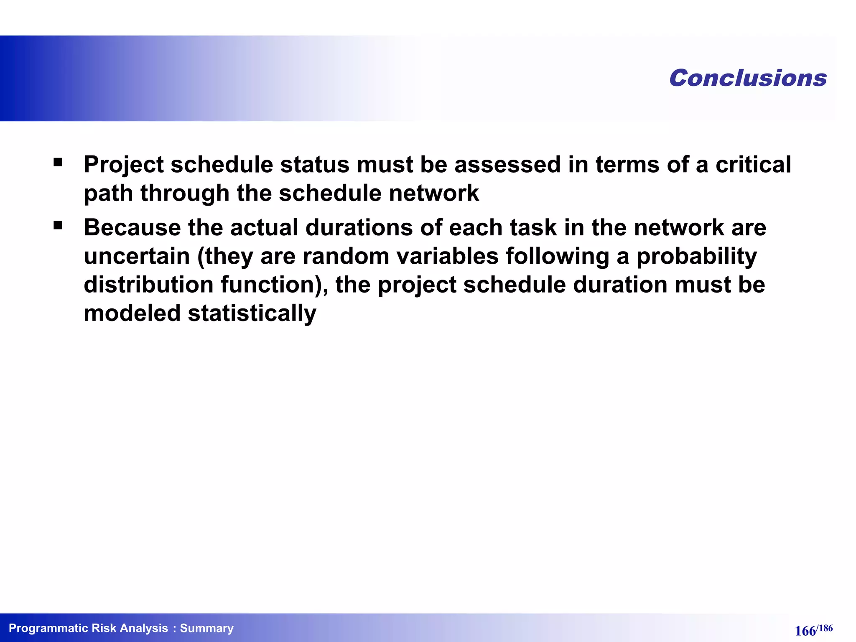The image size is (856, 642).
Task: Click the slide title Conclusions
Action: (x=748, y=78)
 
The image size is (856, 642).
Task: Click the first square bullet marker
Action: (x=58, y=162)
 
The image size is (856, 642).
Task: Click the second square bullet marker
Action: (x=58, y=226)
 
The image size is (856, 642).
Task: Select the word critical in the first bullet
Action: (x=753, y=164)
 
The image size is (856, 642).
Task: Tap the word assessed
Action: (x=507, y=164)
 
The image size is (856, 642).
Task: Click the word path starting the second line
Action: (x=108, y=194)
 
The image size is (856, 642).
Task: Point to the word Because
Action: (x=132, y=228)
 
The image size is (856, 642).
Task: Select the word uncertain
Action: (x=137, y=256)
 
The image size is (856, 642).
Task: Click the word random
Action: (x=346, y=256)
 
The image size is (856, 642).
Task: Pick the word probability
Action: (x=696, y=256)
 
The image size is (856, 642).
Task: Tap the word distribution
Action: (x=148, y=285)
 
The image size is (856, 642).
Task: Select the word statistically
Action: (x=252, y=313)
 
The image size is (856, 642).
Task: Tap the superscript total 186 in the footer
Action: (x=825, y=628)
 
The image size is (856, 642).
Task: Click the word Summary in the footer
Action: (x=206, y=628)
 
